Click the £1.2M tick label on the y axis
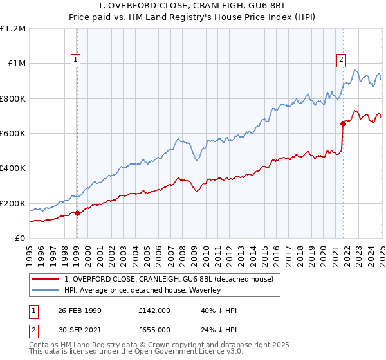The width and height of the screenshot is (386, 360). (13, 29)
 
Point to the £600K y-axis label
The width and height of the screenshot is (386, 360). (12, 134)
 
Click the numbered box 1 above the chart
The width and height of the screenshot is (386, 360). (76, 60)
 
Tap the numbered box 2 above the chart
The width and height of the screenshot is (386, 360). (341, 60)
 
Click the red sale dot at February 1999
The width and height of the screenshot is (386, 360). (77, 213)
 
